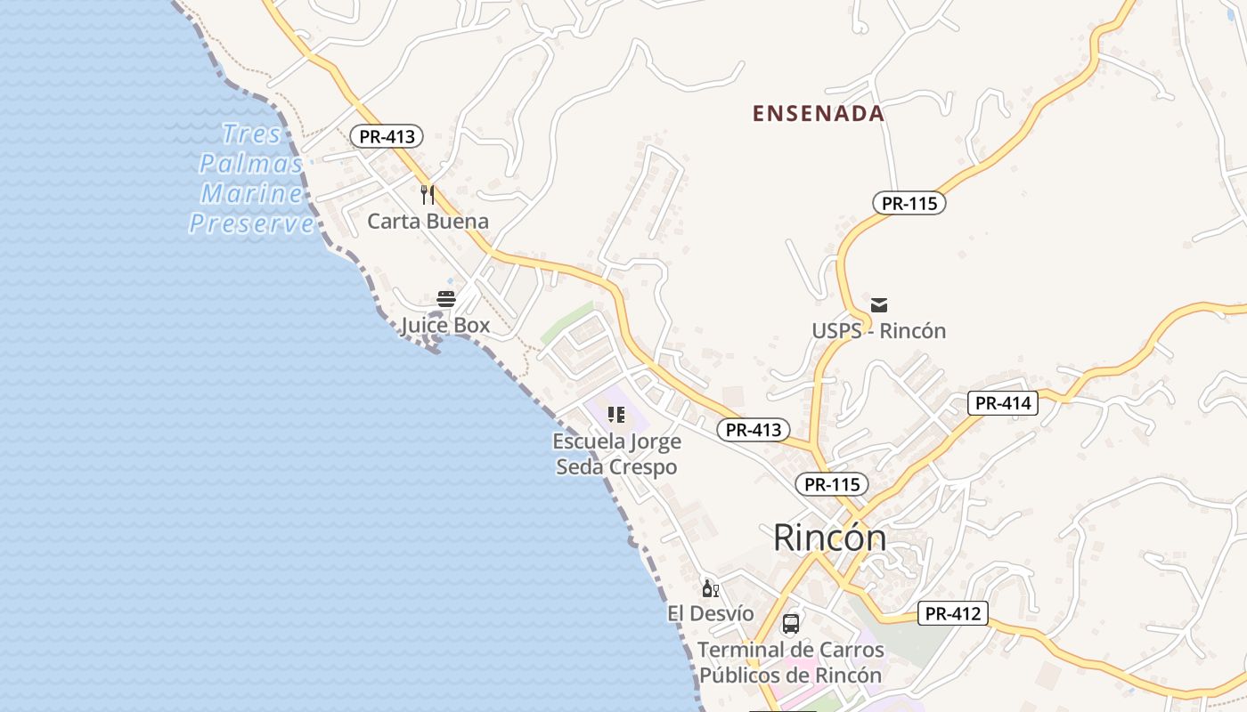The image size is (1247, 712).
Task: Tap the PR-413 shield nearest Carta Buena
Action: [386, 136]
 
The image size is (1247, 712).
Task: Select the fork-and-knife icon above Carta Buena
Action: [428, 194]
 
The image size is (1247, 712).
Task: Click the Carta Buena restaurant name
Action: [428, 222]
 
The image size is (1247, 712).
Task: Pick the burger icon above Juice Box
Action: [446, 299]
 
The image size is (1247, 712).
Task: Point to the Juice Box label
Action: [445, 326]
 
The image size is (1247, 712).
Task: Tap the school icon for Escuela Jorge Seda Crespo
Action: [616, 415]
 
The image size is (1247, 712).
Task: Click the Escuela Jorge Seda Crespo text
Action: [616, 454]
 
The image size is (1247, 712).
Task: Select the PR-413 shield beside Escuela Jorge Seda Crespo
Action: [754, 430]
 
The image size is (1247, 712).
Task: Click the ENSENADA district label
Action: [819, 114]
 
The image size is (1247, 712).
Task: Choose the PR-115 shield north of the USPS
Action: [909, 203]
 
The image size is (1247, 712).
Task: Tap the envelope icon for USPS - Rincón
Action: [879, 305]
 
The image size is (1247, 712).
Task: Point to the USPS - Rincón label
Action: [878, 331]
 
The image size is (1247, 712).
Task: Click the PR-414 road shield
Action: [1003, 403]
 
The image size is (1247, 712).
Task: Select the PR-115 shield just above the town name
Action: [831, 484]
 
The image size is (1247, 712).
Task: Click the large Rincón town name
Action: [829, 538]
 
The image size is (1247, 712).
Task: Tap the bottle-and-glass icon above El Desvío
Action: [710, 588]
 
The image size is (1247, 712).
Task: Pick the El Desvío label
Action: [710, 614]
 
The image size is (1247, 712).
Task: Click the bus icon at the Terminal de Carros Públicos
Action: [790, 623]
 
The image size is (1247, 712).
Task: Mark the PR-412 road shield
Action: [952, 613]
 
